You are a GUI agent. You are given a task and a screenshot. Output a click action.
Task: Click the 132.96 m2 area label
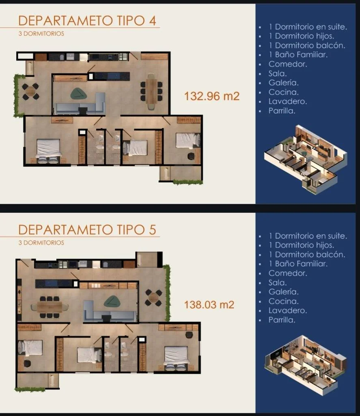(x=212, y=96)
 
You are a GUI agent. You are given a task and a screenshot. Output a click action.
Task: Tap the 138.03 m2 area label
(x=209, y=305)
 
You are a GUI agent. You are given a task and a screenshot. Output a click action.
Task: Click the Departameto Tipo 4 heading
(x=87, y=21)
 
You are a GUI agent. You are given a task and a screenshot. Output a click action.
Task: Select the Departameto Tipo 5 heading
(x=87, y=230)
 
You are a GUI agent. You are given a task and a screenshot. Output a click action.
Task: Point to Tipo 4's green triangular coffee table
(x=78, y=94)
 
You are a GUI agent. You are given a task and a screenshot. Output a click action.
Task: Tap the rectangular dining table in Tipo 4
(x=151, y=91)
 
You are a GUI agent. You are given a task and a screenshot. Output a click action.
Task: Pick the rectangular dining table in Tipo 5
(x=50, y=307)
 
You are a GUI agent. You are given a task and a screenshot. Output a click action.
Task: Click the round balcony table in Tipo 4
(x=30, y=91)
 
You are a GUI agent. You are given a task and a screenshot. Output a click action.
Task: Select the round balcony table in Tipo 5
(x=153, y=298)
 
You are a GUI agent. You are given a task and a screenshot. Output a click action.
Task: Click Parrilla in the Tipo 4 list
(x=282, y=110)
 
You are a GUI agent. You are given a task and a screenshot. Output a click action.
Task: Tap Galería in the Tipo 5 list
(x=283, y=292)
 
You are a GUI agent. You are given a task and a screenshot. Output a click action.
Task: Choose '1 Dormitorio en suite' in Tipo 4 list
(x=308, y=27)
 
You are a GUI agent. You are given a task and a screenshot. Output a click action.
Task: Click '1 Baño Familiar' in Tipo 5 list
(x=298, y=264)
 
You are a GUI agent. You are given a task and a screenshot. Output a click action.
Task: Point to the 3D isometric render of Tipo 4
(x=306, y=159)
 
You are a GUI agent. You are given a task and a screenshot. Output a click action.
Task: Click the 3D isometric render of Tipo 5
(x=306, y=366)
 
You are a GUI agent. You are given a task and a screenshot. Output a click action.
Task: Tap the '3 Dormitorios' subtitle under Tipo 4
(x=41, y=34)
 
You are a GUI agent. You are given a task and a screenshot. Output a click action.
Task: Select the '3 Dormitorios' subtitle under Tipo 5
(x=41, y=243)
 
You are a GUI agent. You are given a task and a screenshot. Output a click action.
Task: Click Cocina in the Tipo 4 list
(x=283, y=92)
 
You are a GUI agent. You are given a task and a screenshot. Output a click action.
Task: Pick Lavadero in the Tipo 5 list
(x=288, y=310)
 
